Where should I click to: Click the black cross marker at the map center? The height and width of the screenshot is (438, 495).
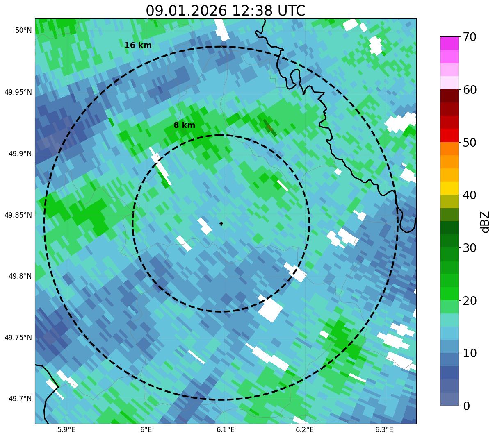point(221,223)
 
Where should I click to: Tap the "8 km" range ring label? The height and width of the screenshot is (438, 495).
point(184,125)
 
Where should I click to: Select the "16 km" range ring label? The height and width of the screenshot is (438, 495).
point(138,45)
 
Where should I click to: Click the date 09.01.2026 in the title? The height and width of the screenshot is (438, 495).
point(186,11)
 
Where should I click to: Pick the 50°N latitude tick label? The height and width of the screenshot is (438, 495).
point(23,30)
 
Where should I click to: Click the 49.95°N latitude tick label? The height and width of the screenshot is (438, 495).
point(18,92)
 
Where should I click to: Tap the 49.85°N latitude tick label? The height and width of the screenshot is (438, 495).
point(18,215)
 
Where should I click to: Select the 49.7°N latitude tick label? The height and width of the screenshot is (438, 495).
point(20,399)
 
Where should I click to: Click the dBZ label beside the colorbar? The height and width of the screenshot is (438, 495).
point(485,222)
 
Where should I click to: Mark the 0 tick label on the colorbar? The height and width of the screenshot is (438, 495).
point(466,406)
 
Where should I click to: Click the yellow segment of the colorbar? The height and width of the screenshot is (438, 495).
point(449,188)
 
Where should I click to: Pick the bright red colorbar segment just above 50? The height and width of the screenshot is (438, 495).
point(449,135)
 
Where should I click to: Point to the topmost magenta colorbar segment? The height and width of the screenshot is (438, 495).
point(449,43)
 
